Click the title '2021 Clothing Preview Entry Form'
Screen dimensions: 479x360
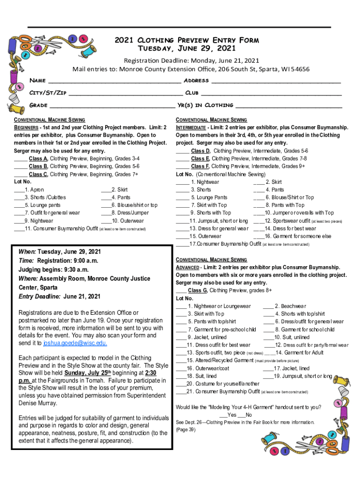(187, 40)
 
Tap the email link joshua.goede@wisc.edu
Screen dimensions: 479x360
(75, 343)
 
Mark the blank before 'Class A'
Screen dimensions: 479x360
(21, 159)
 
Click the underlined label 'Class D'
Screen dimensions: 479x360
(201, 151)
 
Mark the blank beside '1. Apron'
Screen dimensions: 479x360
(19, 190)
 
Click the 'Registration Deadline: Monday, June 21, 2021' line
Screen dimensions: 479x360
(191, 60)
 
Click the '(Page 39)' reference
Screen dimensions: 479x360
(186, 429)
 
